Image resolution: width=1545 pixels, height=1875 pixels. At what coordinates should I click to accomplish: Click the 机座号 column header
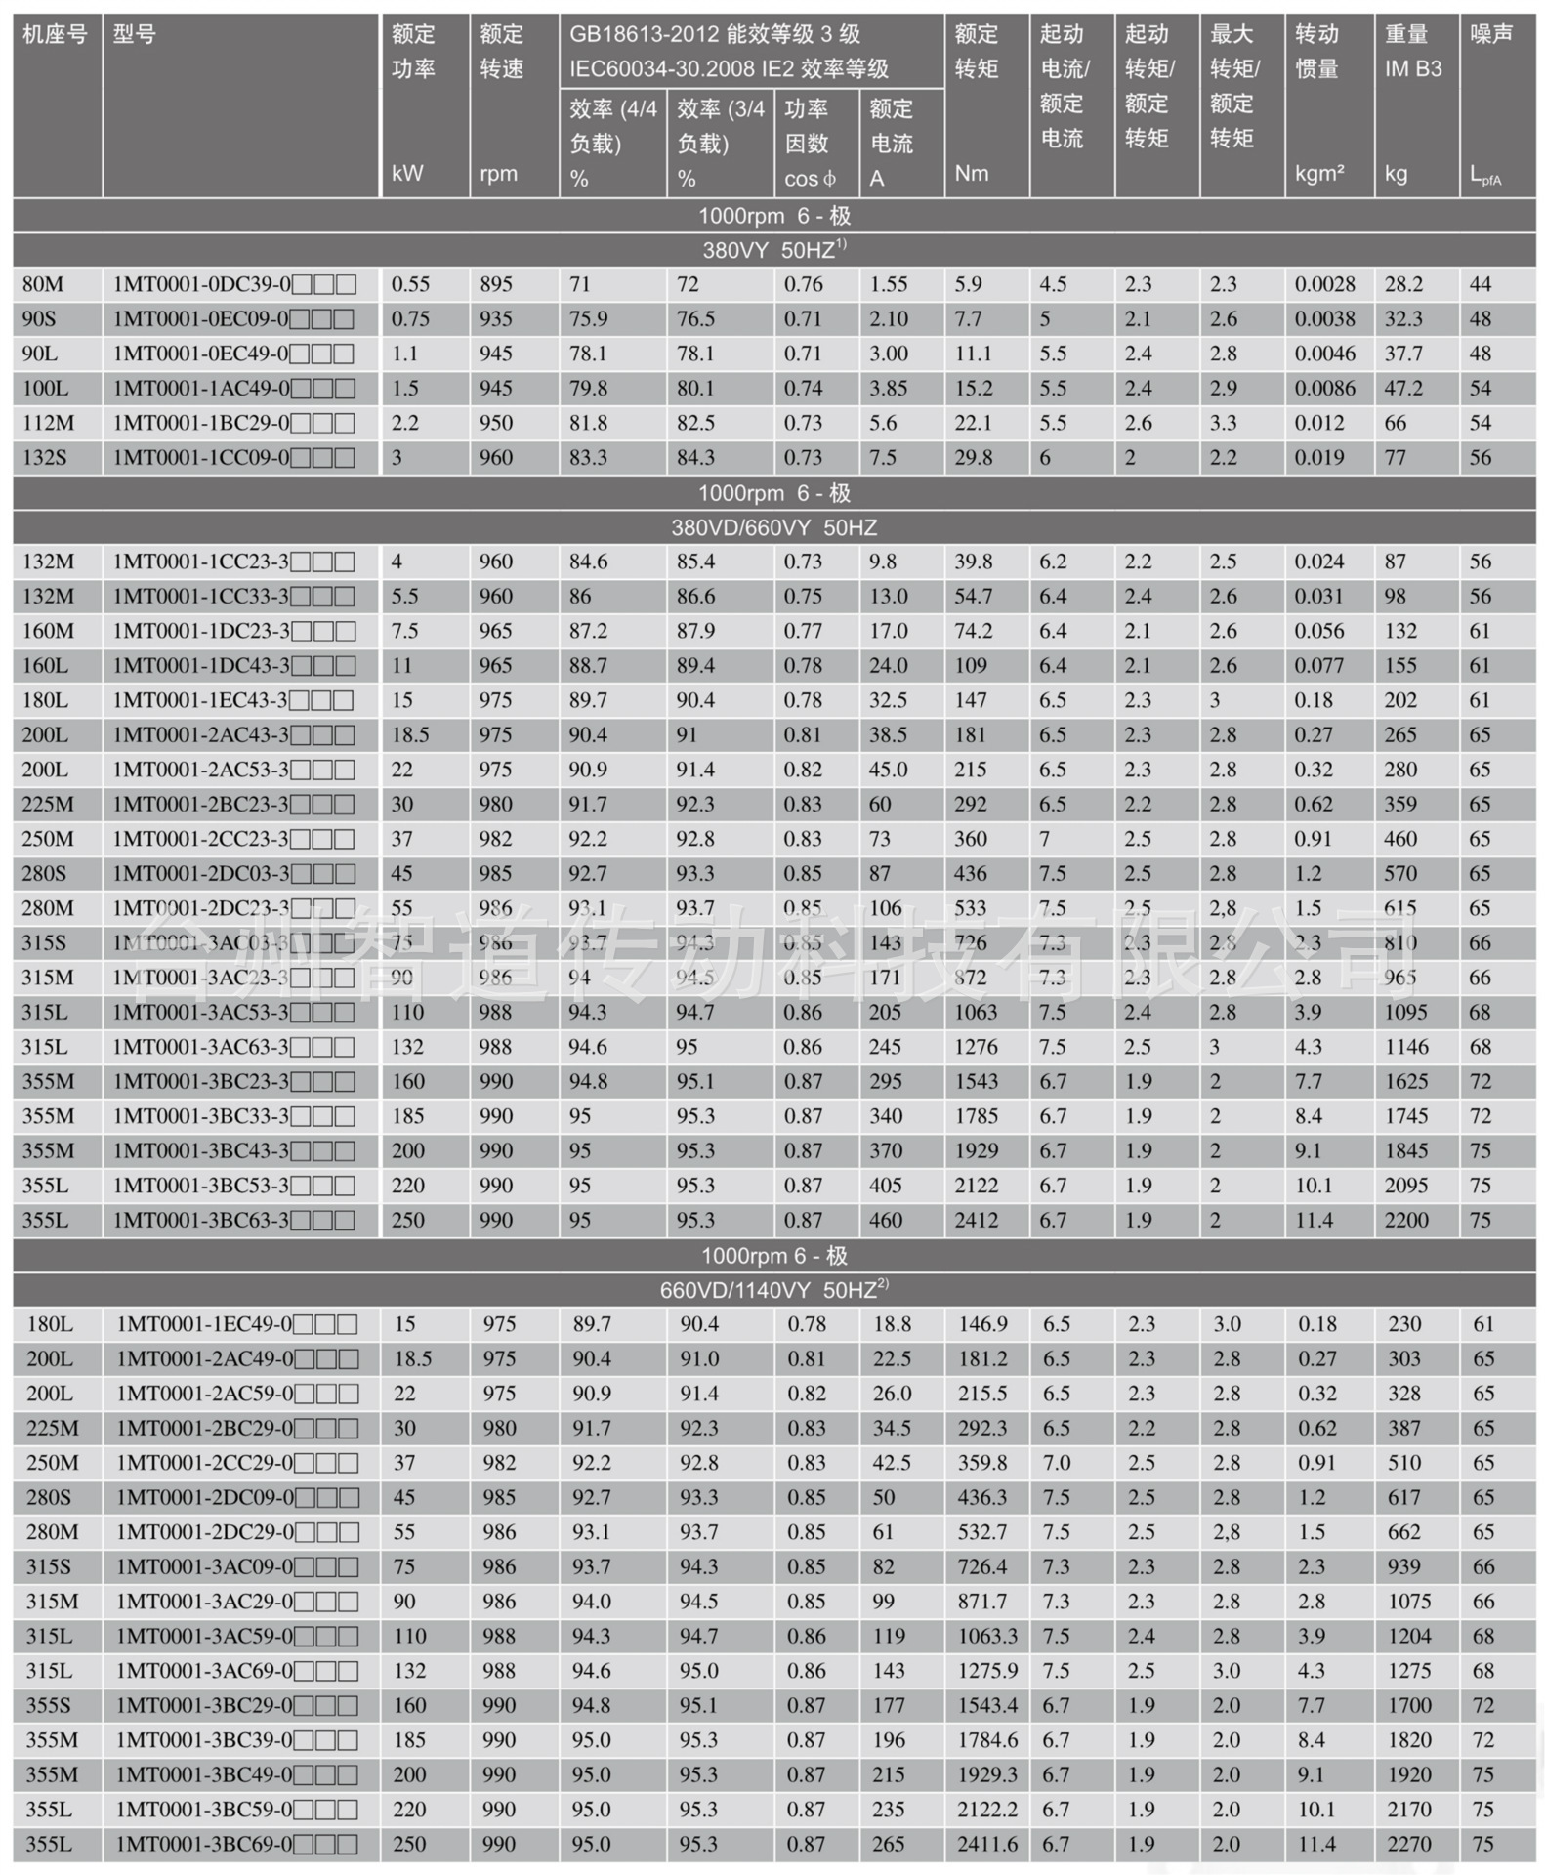point(55,35)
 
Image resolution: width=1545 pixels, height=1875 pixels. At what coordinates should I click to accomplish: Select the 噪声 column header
point(1490,35)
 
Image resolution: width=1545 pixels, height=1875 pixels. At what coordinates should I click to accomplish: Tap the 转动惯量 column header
point(1316,51)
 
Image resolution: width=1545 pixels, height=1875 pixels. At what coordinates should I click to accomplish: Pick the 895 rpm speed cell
point(495,284)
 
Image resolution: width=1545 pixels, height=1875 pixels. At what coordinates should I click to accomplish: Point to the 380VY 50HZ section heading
point(773,250)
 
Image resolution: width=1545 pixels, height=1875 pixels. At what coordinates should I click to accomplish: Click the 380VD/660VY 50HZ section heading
point(773,527)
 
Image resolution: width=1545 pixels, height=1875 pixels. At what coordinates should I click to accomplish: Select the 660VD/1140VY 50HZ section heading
point(773,1290)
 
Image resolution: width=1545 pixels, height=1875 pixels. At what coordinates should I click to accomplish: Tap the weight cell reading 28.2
point(1403,284)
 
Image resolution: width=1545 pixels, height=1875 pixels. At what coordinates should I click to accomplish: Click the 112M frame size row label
point(47,423)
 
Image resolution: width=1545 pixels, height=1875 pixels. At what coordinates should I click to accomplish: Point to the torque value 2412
point(976,1220)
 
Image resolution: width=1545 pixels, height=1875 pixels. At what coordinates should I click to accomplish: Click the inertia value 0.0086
point(1324,388)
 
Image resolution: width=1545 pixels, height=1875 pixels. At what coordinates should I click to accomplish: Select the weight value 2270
point(1407,1844)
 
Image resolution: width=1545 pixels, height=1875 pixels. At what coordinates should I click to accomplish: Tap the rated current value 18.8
point(892,1324)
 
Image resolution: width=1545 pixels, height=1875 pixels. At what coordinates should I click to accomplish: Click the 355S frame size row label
point(49,1705)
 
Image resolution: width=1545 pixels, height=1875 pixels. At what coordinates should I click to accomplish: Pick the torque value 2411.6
point(987,1844)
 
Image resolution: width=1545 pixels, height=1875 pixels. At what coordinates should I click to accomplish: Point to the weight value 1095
point(1404,1012)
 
